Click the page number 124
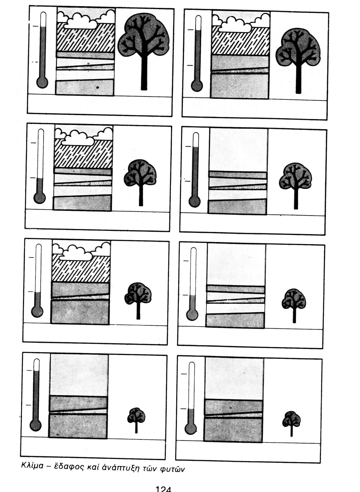(163, 489)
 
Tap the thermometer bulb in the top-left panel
(42, 82)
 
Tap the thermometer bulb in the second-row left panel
(40, 198)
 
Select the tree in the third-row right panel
(294, 305)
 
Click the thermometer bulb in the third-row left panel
(37, 312)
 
